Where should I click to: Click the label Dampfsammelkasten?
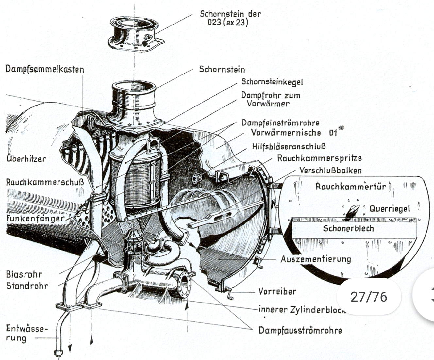point(45,69)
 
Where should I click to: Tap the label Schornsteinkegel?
point(272,82)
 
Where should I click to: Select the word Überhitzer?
point(26,159)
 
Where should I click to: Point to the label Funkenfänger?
point(35,218)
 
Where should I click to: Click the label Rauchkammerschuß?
point(45,182)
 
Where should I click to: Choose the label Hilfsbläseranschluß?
point(289,146)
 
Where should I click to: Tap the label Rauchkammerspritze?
point(319,158)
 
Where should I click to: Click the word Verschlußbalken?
point(330,170)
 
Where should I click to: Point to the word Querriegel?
point(390,208)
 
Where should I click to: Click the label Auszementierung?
point(316,259)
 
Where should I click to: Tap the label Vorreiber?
point(277,291)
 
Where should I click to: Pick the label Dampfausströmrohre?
point(300,330)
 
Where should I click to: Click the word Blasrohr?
point(24,274)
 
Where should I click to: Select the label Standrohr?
point(27,286)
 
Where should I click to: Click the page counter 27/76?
point(368,297)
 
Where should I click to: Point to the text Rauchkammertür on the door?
point(351,187)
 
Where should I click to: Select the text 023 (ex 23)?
point(227,23)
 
